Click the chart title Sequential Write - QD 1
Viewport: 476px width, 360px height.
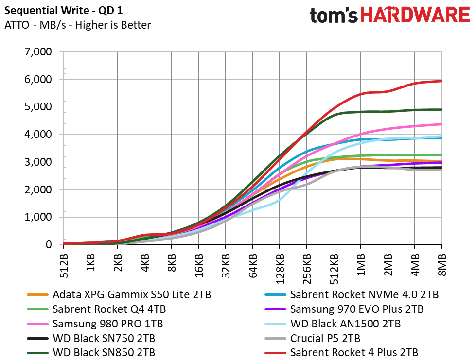[x=63, y=11]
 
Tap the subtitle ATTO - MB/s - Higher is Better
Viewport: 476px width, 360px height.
[x=77, y=25]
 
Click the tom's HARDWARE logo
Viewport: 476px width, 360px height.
[x=390, y=15]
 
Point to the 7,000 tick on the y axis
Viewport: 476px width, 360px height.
[x=38, y=52]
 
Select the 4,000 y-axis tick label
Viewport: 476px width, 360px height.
[x=38, y=135]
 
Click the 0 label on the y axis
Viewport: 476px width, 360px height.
[x=49, y=244]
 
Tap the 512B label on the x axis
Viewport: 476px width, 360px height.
[x=64, y=266]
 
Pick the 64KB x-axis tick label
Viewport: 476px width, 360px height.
[x=253, y=266]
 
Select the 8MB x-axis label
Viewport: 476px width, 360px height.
[x=442, y=265]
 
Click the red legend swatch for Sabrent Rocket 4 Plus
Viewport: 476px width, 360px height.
[x=275, y=353]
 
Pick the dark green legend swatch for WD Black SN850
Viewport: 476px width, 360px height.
[x=37, y=353]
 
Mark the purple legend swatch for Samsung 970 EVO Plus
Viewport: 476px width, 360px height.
[x=275, y=309]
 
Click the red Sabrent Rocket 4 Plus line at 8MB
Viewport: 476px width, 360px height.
[x=441, y=81]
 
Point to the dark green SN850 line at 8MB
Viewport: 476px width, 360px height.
[x=441, y=109]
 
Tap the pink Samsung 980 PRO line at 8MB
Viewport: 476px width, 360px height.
[x=441, y=124]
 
